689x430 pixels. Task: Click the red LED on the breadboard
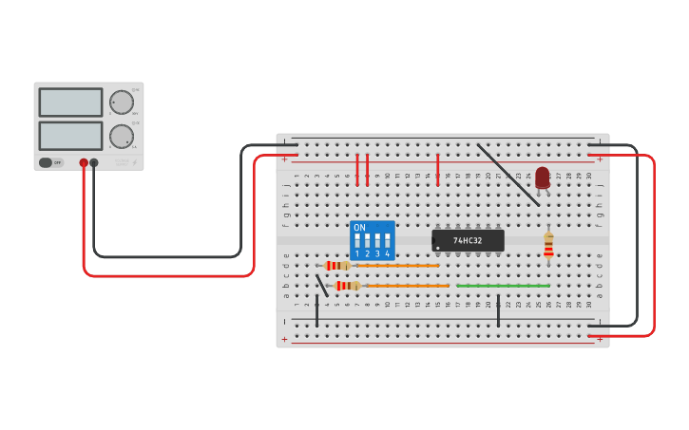click(x=542, y=177)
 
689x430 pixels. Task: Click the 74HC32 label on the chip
click(x=468, y=240)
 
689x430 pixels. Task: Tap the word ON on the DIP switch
click(x=359, y=228)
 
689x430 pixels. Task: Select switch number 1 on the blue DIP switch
click(x=357, y=241)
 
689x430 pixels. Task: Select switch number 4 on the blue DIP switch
click(x=387, y=241)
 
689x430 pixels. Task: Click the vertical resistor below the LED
click(x=548, y=245)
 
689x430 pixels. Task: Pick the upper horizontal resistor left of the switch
click(x=336, y=266)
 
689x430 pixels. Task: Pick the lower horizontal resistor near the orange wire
click(x=347, y=286)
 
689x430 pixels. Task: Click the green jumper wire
click(x=503, y=285)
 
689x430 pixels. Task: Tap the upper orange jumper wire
click(x=399, y=266)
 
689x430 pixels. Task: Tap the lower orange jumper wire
click(x=409, y=286)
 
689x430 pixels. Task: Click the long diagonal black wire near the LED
click(x=508, y=175)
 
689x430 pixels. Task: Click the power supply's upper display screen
click(x=70, y=103)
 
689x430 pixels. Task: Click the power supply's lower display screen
click(x=70, y=136)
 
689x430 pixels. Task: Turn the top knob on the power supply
click(x=122, y=103)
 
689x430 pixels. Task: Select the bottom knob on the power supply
click(x=122, y=137)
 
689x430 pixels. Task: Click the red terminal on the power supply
click(x=84, y=163)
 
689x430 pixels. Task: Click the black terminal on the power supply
click(x=94, y=163)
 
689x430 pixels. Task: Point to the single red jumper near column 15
click(x=438, y=169)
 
